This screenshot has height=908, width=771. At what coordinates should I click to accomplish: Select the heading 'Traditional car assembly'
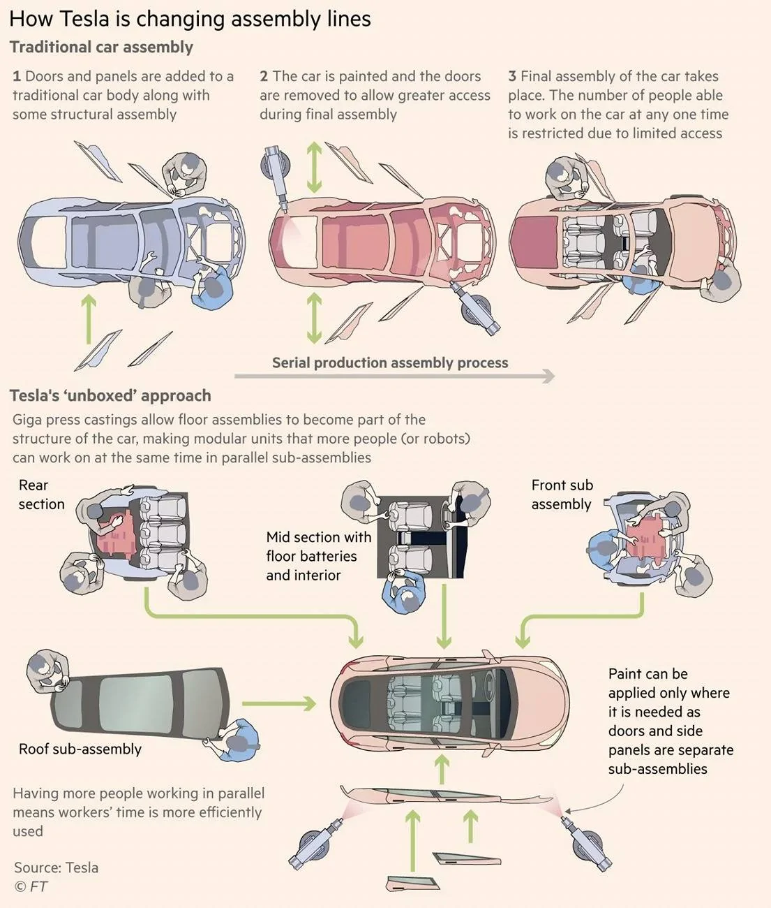(x=101, y=47)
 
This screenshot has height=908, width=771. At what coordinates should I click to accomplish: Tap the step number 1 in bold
(x=17, y=76)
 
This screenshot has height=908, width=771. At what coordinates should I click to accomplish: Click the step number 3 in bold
(x=512, y=76)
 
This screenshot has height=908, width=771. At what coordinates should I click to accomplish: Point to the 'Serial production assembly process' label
(x=389, y=363)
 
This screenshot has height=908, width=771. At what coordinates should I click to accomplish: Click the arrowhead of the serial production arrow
(x=548, y=376)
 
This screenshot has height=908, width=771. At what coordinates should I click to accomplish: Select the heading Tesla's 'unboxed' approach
(x=110, y=395)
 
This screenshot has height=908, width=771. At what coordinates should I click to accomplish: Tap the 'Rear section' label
(x=41, y=495)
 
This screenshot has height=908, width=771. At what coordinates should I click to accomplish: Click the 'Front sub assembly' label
(x=562, y=495)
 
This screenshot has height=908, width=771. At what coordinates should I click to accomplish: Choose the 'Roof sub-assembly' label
(x=80, y=749)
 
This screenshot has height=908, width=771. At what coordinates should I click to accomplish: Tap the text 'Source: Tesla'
(x=56, y=867)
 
